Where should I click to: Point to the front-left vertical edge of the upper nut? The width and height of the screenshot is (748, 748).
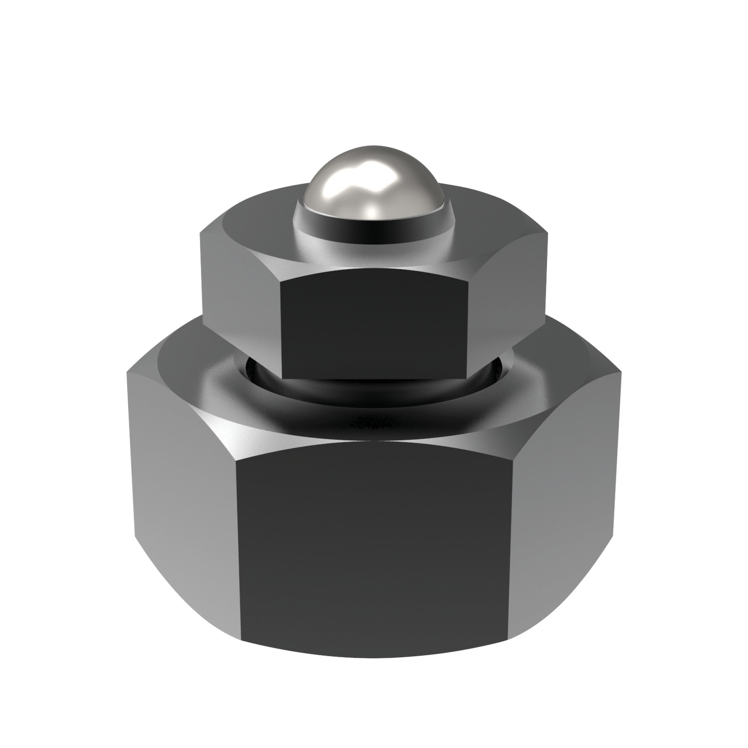pyautogui.click(x=280, y=329)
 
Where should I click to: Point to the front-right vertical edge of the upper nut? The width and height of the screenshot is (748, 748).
pyautogui.click(x=468, y=329)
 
